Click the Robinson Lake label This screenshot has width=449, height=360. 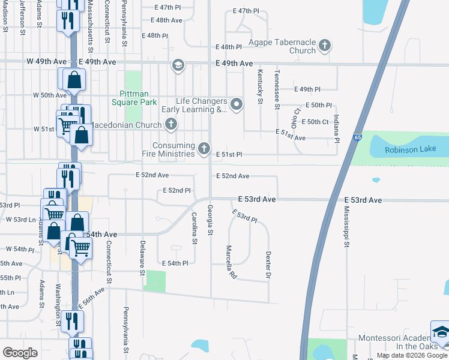[x=408, y=149]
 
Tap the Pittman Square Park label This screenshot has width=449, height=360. [x=138, y=98]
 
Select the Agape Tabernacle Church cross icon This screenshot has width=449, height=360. [x=324, y=45]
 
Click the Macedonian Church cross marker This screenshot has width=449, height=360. [x=171, y=125]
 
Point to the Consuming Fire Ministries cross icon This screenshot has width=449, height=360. [x=204, y=148]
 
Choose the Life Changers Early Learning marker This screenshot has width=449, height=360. [x=237, y=106]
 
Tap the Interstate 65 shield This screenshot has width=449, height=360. [x=358, y=137]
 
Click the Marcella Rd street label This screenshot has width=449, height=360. [x=230, y=262]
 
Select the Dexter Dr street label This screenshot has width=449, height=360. [x=268, y=264]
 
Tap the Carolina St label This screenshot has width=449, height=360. [x=194, y=228]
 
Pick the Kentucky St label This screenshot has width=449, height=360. [x=261, y=86]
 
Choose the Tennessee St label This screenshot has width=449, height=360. [x=277, y=89]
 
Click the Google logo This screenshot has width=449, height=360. [x=20, y=353]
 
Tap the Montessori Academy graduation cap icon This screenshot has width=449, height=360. [x=440, y=331]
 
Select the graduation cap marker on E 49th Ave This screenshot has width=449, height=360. [x=178, y=65]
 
